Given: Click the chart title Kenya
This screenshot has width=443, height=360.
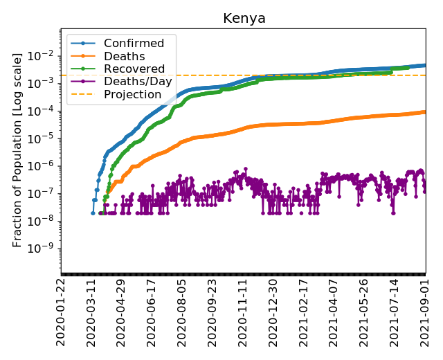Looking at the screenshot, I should pos(244,18).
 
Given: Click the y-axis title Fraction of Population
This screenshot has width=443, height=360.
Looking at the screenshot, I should pos(18,150).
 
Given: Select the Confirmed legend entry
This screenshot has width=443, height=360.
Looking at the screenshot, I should pos(134,44).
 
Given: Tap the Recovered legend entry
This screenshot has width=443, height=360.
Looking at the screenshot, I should pos(134,69).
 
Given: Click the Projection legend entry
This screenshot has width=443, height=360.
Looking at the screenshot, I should pos(132,94).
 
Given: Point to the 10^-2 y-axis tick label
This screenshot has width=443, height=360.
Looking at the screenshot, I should pos(43,55).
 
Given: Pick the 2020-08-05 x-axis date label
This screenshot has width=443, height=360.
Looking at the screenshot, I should pos(183,311).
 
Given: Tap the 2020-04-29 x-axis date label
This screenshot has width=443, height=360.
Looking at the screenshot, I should pos(122,311).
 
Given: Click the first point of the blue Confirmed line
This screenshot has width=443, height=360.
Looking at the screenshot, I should pos(93,213).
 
